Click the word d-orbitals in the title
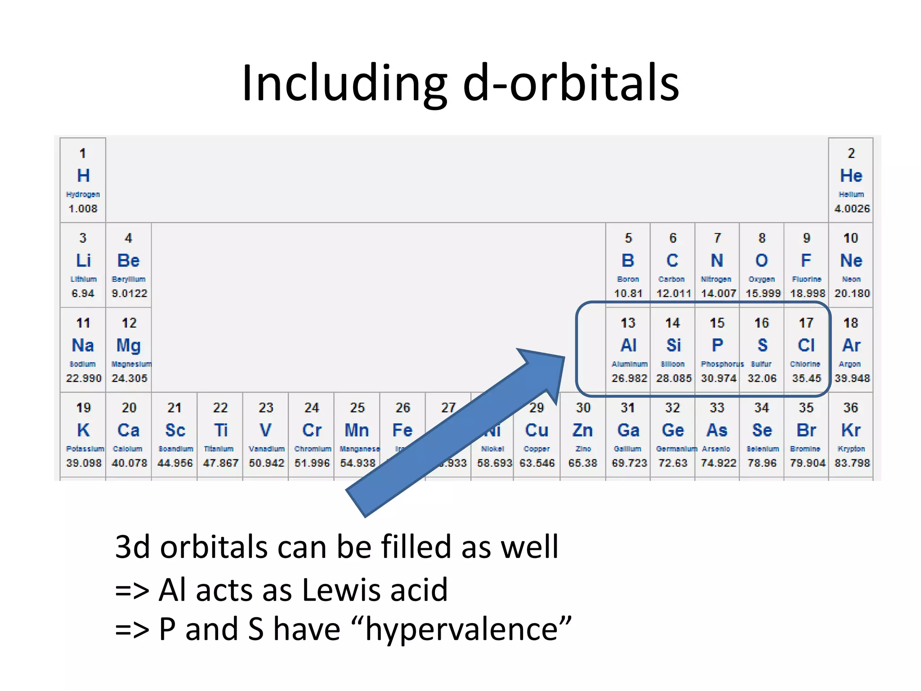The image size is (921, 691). point(571,83)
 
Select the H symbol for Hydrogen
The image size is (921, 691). point(83,175)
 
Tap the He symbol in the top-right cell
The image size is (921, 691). point(851,175)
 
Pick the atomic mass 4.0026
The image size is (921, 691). point(852,208)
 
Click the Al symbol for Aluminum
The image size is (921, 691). point(628,345)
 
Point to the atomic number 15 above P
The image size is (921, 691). point(717,323)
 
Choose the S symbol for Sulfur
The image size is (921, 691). point(762,345)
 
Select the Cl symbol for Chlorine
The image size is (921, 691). point(806,345)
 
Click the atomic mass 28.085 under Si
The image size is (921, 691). point(673,378)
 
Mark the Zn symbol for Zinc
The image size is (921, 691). point(582,430)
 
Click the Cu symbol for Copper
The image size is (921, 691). point(537,430)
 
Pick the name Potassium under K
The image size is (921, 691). point(85,449)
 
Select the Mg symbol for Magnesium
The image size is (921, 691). point(129,345)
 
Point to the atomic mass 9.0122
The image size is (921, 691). point(129,293)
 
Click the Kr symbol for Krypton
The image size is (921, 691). point(851,430)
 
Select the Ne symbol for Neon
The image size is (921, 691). point(851,260)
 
